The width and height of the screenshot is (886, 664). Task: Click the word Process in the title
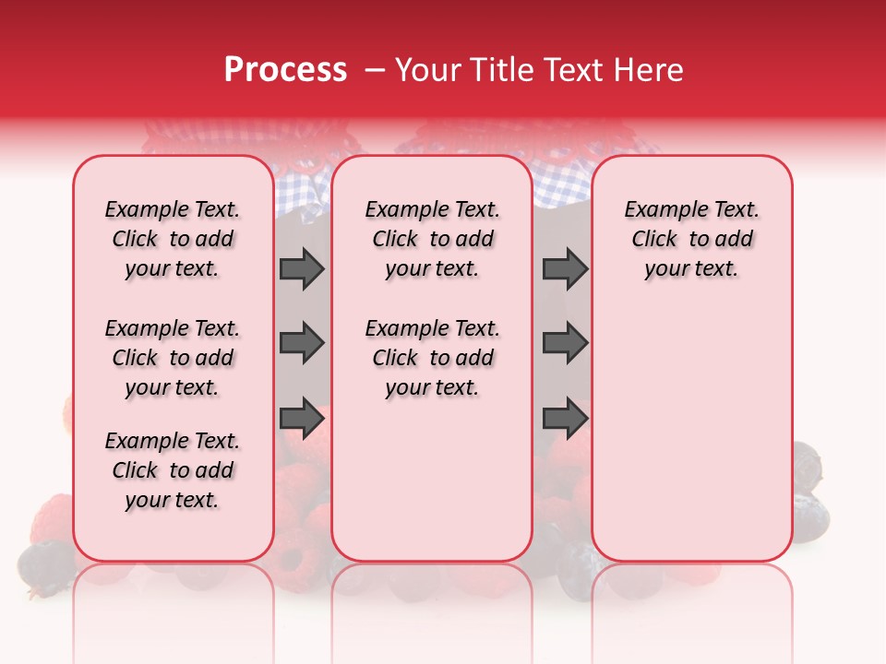[x=285, y=70]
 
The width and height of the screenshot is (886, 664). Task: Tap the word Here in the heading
[x=650, y=70]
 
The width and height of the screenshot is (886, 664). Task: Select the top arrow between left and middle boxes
[x=302, y=268]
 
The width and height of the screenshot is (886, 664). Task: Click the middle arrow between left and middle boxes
[x=302, y=343]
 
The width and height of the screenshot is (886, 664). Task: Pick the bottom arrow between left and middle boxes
[x=302, y=418]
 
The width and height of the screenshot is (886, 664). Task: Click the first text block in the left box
[x=173, y=239]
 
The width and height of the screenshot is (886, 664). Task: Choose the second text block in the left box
[x=173, y=358]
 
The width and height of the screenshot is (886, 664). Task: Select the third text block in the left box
[x=173, y=470]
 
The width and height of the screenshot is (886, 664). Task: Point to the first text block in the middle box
[x=433, y=239]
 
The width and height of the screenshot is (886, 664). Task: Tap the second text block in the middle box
[x=433, y=358]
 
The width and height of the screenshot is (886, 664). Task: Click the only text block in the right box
[x=692, y=239]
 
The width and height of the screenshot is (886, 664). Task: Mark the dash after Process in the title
[x=375, y=70]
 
